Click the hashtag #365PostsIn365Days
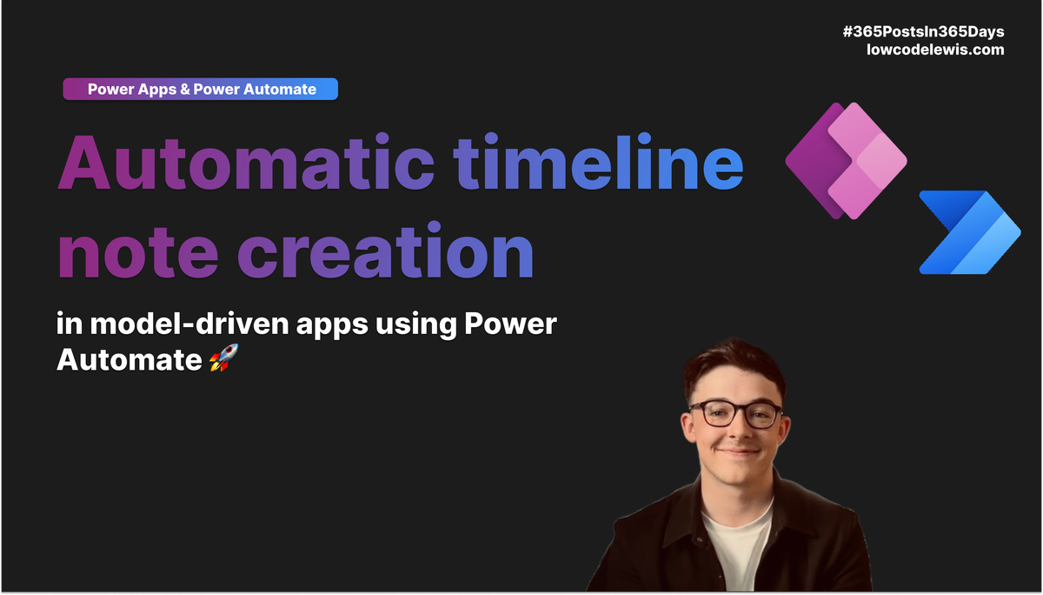pos(923,32)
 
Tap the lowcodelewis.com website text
pos(935,50)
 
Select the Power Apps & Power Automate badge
pos(201,89)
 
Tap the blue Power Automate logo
pos(969,232)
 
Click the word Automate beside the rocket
pos(130,359)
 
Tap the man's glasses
pos(735,414)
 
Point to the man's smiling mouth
pos(738,453)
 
